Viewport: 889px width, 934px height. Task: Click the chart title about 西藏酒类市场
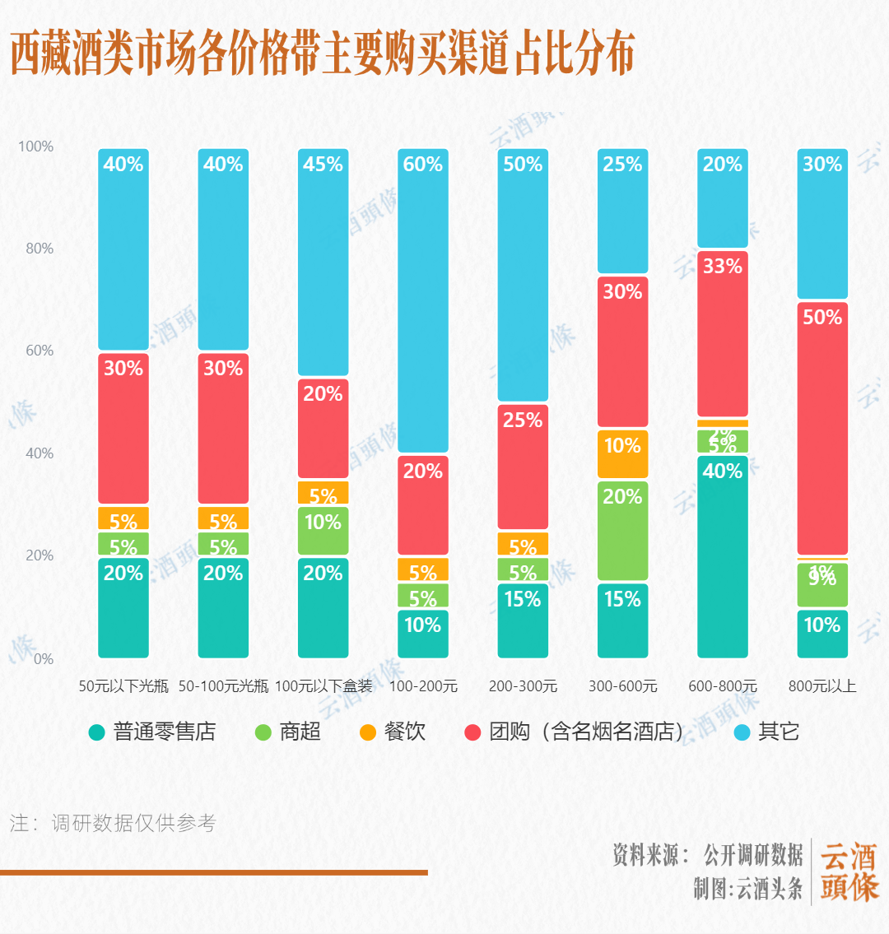click(x=322, y=53)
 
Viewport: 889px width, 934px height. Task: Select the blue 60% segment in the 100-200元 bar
click(x=423, y=300)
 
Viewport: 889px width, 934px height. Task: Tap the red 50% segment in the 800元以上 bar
click(x=822, y=428)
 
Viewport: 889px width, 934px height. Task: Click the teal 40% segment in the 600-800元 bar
click(x=723, y=556)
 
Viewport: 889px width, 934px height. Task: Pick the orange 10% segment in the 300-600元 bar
click(x=622, y=453)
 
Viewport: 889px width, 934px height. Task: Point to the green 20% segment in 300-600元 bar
click(x=622, y=531)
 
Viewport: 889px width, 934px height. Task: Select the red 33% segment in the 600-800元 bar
click(x=723, y=333)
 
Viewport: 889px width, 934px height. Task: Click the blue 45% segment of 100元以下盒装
click(x=323, y=262)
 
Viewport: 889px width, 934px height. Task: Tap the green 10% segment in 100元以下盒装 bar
click(x=323, y=530)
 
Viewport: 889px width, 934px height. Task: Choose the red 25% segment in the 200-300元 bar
click(x=523, y=467)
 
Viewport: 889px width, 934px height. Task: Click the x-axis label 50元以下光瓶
click(x=123, y=686)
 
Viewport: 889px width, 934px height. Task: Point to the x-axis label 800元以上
click(x=822, y=686)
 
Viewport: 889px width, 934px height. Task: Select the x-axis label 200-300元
click(x=523, y=686)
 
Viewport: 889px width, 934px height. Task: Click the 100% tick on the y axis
click(x=35, y=146)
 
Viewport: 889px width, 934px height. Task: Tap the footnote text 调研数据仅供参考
click(x=133, y=823)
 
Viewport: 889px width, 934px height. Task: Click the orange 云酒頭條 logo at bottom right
click(x=849, y=872)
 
